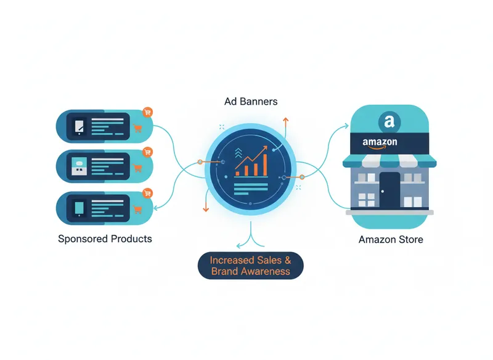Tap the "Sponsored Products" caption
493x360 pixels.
click(x=105, y=239)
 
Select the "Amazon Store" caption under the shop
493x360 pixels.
click(x=391, y=239)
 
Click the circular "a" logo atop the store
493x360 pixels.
click(x=389, y=121)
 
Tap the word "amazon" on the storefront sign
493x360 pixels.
click(x=380, y=142)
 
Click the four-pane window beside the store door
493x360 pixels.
click(x=367, y=199)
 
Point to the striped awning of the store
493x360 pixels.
click(x=389, y=161)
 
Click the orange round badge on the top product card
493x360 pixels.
click(x=147, y=112)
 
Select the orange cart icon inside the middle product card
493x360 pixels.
click(x=137, y=168)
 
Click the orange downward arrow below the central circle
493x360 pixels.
click(x=206, y=206)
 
